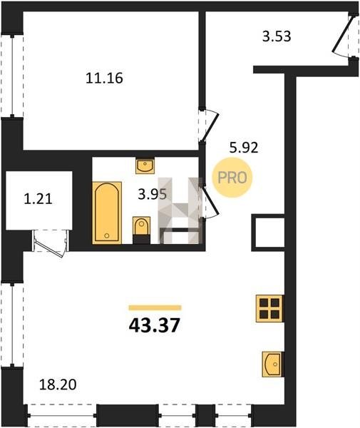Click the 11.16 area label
coord(105,78)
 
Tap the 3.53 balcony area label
coord(277,36)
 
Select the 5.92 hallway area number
coord(244,148)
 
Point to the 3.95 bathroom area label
coord(152,194)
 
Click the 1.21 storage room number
coord(38,199)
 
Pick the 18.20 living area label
coord(58,384)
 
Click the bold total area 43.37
coord(155,325)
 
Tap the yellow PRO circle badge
coord(232,178)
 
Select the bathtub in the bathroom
coord(107,213)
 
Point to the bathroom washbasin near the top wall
coord(145,165)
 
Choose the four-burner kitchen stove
coord(269,308)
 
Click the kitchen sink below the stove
coord(272,364)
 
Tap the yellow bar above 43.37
coord(155,308)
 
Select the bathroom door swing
coord(210,201)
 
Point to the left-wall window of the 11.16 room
coord(12,76)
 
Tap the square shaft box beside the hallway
coord(268,233)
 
